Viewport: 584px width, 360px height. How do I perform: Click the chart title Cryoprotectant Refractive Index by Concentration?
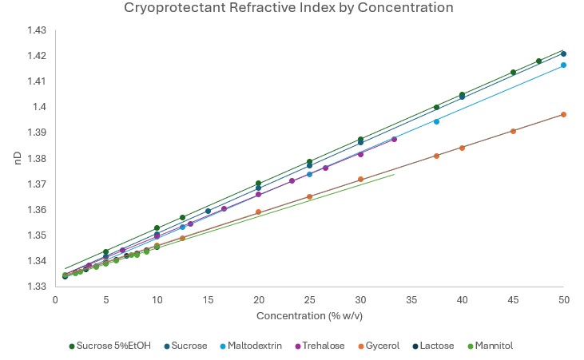pos(288,9)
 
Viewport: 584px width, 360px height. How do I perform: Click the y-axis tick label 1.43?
pos(37,30)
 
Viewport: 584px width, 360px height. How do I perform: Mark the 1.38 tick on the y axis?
pos(37,159)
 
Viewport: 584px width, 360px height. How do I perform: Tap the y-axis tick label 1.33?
pos(37,287)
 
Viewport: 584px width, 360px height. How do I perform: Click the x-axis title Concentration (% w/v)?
pos(309,316)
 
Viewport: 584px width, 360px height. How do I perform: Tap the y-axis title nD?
pos(17,158)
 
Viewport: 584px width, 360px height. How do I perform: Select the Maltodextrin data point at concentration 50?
pos(563,65)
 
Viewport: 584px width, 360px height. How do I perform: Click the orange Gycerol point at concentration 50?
pos(563,114)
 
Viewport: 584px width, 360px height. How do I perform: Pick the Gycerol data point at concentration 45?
pos(513,131)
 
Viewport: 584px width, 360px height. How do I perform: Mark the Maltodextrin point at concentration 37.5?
pos(436,121)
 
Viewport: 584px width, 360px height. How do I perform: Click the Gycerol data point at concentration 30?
pos(360,179)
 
